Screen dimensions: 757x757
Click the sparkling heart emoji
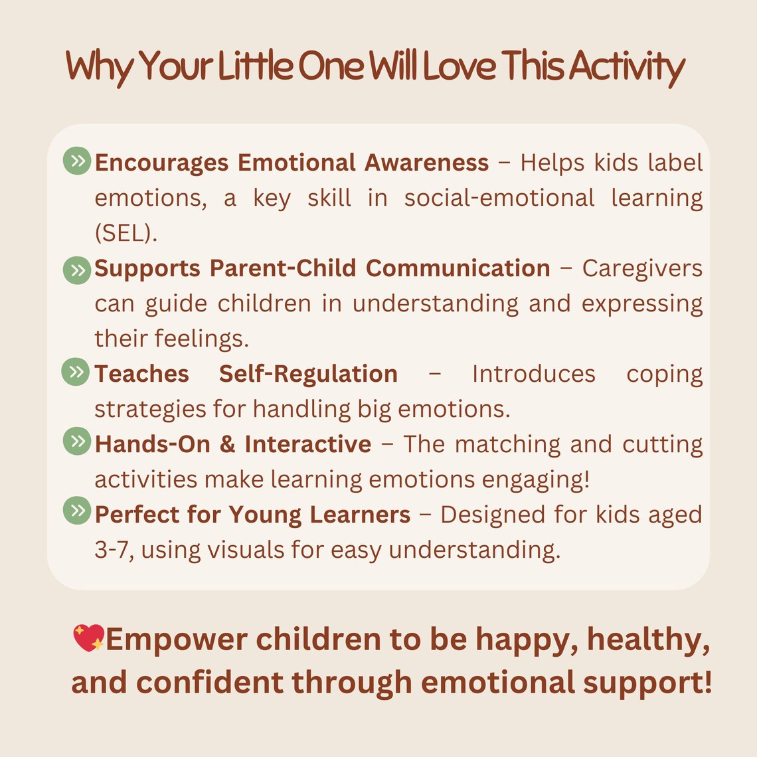coord(89,638)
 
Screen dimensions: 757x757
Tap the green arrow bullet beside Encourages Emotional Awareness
coord(77,161)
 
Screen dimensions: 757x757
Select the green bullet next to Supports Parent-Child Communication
coord(77,270)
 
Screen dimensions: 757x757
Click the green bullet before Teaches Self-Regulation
coord(76,372)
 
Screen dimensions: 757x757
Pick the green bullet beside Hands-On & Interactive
coord(77,442)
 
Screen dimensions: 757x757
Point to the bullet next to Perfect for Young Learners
coord(77,511)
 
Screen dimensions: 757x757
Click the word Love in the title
coord(459,66)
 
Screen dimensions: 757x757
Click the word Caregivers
coord(642,268)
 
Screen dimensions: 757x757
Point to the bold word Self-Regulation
coord(308,374)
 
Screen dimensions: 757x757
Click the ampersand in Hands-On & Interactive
coord(227,444)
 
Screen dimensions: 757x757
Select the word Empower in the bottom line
coord(177,639)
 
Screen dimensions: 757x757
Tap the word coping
coord(664,375)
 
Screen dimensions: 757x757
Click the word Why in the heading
coord(98,68)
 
